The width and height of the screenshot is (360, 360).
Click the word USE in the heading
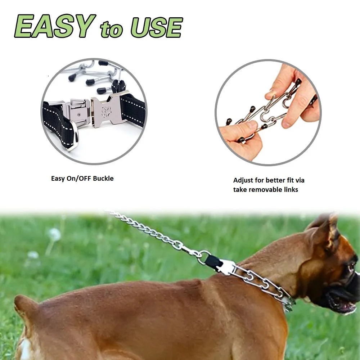pos(156,27)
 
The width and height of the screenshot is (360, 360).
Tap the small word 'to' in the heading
pos(112,29)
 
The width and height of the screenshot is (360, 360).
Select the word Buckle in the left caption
pos(103,178)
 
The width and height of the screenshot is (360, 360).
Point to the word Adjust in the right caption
pos(243,180)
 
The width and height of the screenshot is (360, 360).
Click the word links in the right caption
pos(290,189)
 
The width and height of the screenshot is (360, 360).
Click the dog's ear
pos(326,230)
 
